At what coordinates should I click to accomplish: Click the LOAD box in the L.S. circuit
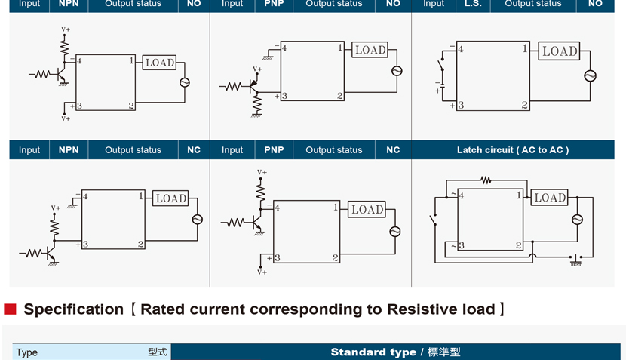click(560, 51)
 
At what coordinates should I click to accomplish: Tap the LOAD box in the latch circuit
click(550, 198)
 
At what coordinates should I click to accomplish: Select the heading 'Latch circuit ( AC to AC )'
click(513, 150)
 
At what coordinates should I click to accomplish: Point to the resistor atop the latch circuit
click(486, 181)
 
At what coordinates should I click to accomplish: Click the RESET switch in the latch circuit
click(575, 259)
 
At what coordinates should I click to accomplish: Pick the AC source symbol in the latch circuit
click(578, 220)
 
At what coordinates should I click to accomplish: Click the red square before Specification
click(10, 309)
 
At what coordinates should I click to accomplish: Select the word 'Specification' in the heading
click(73, 309)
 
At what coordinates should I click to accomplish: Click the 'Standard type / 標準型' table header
click(395, 352)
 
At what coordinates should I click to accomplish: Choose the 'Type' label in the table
click(27, 352)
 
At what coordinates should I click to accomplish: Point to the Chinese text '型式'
click(157, 352)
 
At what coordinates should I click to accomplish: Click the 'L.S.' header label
click(473, 4)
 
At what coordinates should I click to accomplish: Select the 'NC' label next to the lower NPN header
click(194, 150)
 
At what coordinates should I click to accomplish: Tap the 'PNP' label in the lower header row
click(274, 150)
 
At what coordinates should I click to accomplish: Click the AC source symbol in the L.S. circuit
click(591, 75)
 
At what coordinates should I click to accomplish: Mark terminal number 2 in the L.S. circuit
click(524, 106)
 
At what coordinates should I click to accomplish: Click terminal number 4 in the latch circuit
click(461, 196)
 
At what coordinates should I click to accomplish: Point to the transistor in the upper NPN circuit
click(60, 75)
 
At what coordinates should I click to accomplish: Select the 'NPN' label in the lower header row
click(69, 150)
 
